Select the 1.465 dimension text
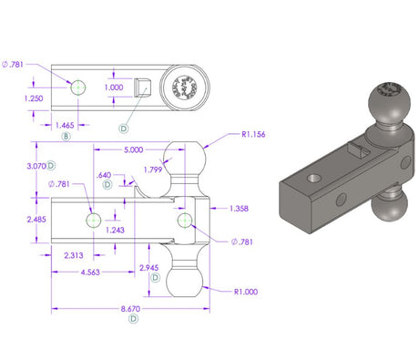pos(65,124)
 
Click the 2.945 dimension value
pos(148,266)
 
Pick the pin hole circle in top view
pos(78,86)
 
